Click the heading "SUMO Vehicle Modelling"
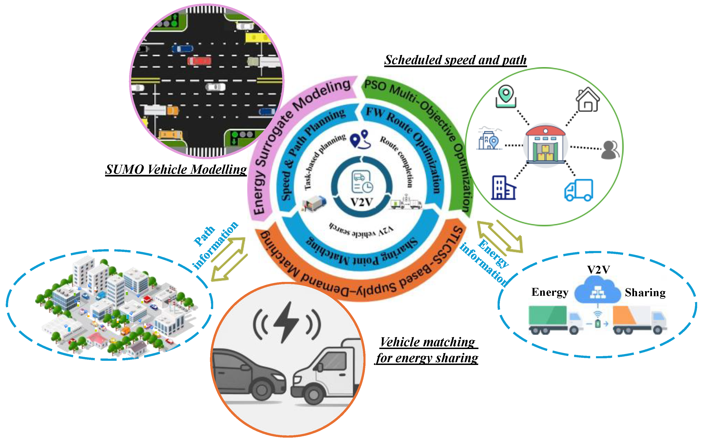click(x=176, y=170)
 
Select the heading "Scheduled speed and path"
click(x=455, y=60)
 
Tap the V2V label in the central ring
click(x=362, y=202)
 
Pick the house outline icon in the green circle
click(x=587, y=100)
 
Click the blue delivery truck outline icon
click(x=579, y=190)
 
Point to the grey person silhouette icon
click(x=610, y=150)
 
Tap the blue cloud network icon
click(x=598, y=290)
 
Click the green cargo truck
click(x=554, y=320)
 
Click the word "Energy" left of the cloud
click(x=550, y=292)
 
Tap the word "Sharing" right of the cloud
click(x=645, y=292)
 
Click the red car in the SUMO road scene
click(x=199, y=61)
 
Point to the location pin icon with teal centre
click(x=506, y=96)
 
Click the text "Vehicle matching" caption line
click(x=427, y=342)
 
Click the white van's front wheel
click(x=314, y=395)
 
